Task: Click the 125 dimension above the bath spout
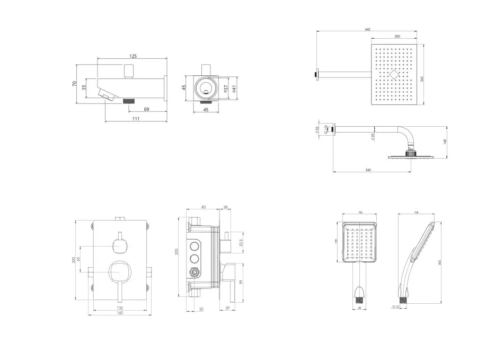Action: click(133, 56)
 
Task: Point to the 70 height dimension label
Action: click(75, 83)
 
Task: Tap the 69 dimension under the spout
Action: click(146, 110)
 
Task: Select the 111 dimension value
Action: click(136, 119)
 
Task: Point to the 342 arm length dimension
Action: click(368, 170)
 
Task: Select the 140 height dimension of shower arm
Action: click(445, 142)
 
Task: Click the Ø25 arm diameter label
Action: click(373, 136)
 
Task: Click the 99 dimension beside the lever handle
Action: click(241, 282)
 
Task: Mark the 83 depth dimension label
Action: click(204, 207)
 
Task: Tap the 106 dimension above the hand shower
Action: click(417, 213)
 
